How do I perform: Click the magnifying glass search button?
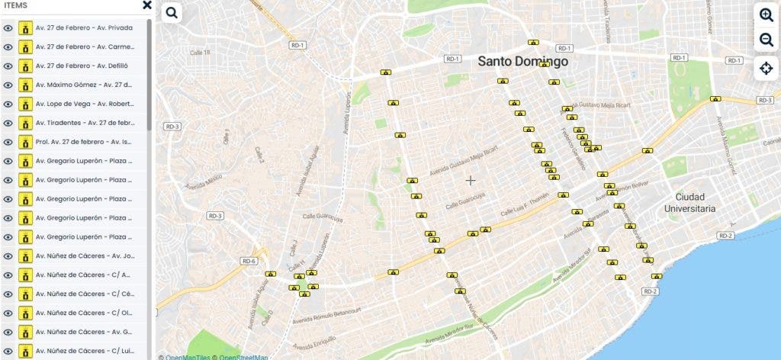(x=171, y=13)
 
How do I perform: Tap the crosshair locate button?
(x=766, y=68)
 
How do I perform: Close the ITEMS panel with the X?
(x=147, y=5)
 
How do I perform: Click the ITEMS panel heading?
(x=16, y=5)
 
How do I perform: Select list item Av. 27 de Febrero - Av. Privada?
(x=84, y=28)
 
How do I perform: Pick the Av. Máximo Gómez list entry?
(x=84, y=85)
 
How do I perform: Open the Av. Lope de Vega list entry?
(x=84, y=104)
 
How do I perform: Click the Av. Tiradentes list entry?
(x=84, y=123)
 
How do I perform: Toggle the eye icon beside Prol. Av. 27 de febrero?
(x=8, y=142)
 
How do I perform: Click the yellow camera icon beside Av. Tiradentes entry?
(x=26, y=123)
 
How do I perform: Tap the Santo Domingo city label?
(x=523, y=61)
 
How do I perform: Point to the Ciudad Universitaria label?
(x=689, y=202)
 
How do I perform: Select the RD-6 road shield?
(x=249, y=261)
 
